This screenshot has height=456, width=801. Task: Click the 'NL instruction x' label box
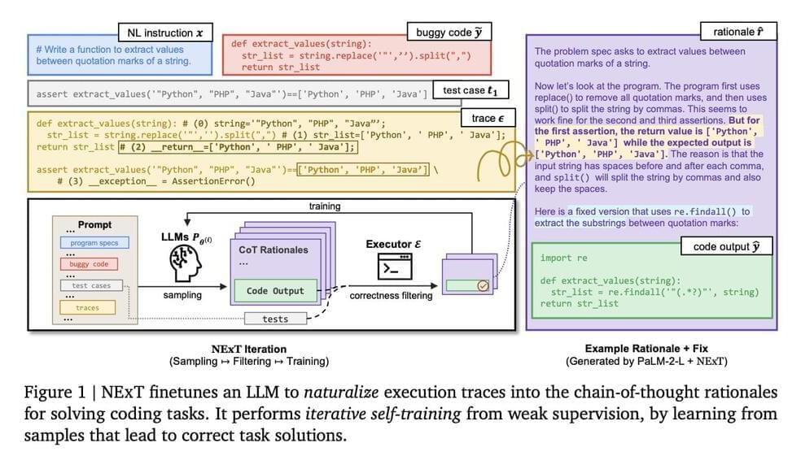(165, 33)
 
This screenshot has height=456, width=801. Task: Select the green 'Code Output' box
(275, 290)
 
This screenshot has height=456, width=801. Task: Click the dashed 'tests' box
(275, 319)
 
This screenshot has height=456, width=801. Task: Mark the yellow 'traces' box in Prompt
(87, 308)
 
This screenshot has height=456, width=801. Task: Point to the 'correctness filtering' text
(391, 297)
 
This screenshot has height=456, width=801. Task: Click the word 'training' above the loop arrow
(324, 206)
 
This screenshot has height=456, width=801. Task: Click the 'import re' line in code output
(562, 258)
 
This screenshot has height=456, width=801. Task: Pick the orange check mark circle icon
(483, 285)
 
